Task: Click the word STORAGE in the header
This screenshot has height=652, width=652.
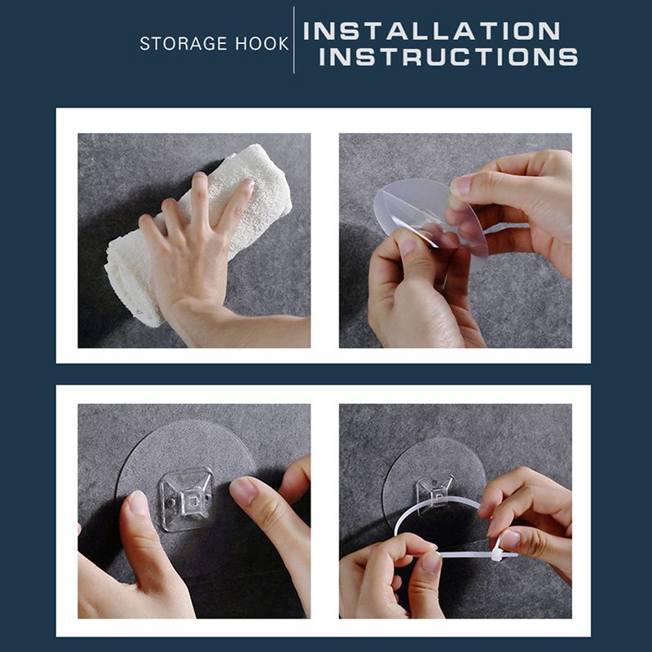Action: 183,43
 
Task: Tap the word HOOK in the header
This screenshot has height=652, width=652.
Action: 262,43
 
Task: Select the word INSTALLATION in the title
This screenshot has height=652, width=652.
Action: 432,31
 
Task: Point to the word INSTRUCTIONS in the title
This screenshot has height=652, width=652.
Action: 448,56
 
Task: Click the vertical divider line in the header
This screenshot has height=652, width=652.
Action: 294,40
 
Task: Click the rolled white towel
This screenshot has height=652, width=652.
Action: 196,233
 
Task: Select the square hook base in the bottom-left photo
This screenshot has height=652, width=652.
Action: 186,499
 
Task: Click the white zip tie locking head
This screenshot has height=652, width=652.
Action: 497,553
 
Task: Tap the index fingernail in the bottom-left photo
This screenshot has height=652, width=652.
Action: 243,491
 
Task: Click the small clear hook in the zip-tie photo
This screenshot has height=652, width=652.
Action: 435,494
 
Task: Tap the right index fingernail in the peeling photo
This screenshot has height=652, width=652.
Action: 460,186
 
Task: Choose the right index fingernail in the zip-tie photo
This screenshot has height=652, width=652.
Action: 509,539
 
